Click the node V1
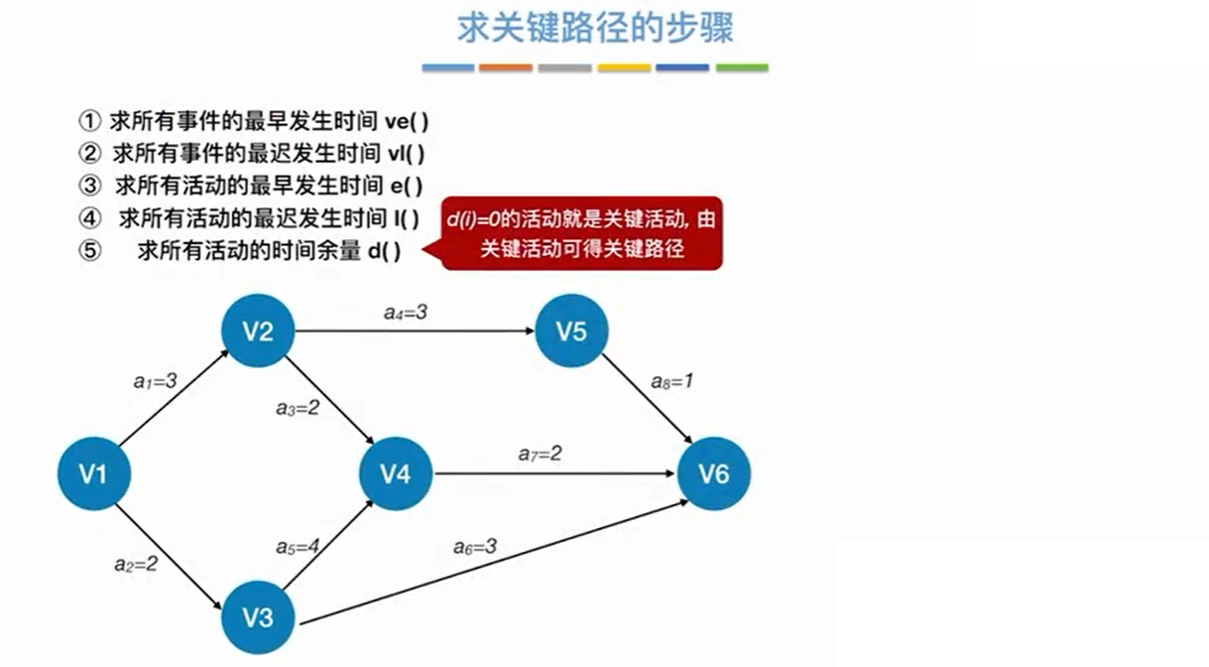click(93, 474)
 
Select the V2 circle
click(258, 332)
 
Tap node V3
click(258, 617)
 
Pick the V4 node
click(396, 474)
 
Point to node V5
click(571, 332)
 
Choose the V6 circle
click(713, 474)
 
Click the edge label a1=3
click(156, 379)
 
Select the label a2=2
click(136, 565)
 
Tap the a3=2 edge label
click(298, 407)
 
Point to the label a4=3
click(406, 313)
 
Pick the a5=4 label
click(299, 547)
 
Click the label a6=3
click(475, 546)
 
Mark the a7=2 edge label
click(541, 454)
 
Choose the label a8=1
click(671, 381)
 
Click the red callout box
click(582, 232)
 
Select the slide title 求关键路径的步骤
click(595, 28)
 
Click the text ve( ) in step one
click(406, 122)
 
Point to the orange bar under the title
click(506, 67)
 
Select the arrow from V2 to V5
click(417, 332)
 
